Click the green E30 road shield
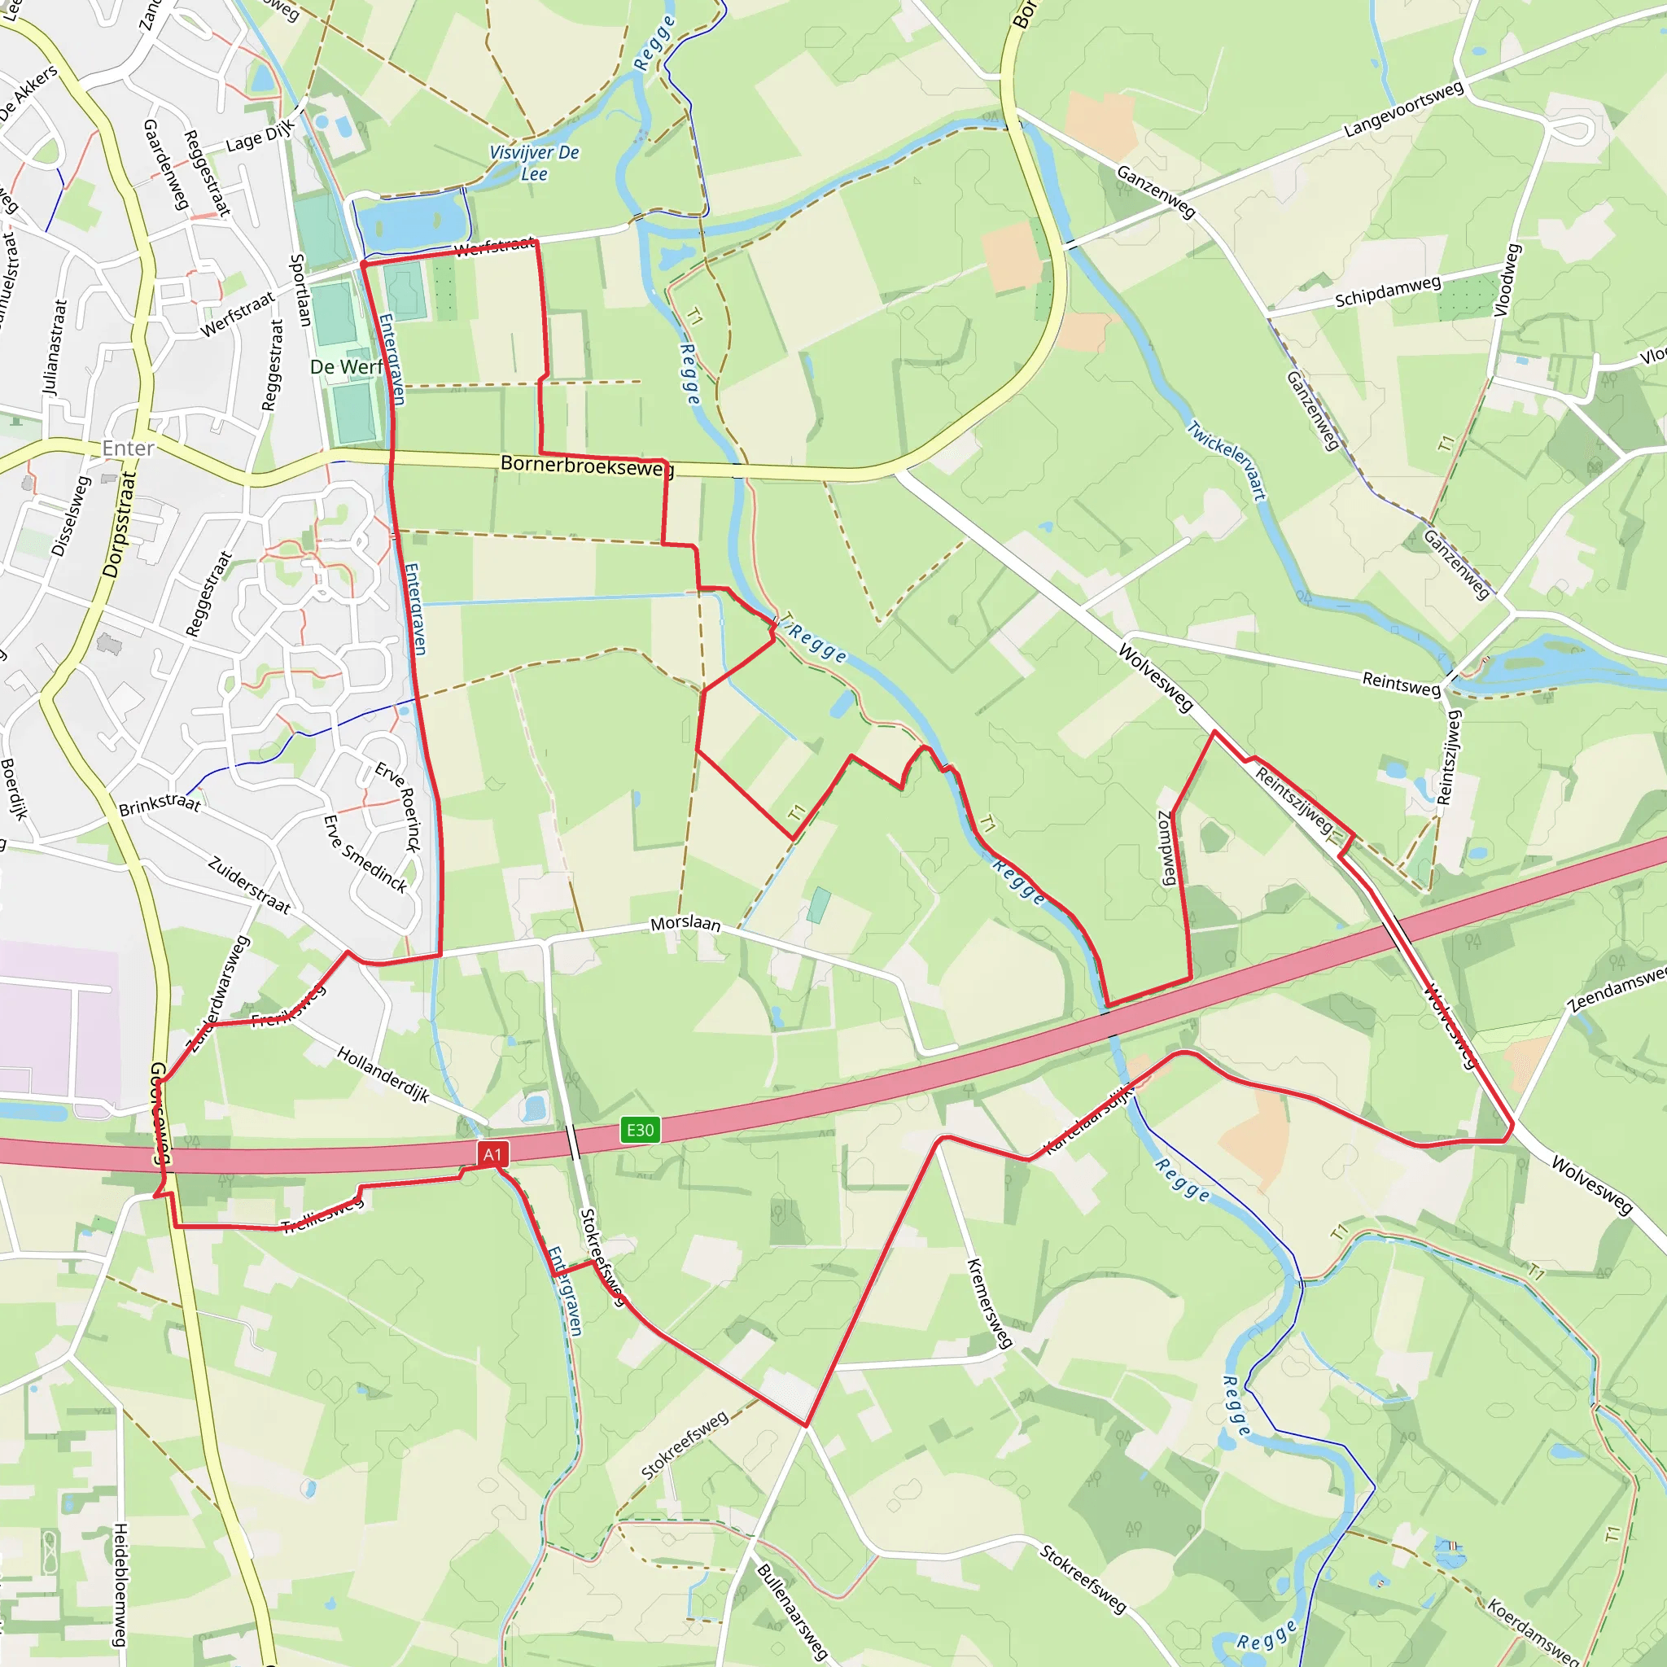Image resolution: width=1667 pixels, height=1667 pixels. tap(639, 1130)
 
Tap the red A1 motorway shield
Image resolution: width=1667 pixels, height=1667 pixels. tap(492, 1153)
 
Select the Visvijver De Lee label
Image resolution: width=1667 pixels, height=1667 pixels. tap(534, 162)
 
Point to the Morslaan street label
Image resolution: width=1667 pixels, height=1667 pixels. tap(685, 923)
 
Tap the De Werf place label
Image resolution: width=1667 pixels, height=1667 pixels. tap(346, 367)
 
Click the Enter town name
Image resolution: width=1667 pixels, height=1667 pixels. tap(128, 448)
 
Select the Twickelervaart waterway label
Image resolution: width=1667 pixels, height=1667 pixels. tap(1226, 460)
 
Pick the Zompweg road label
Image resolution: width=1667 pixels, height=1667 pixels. tap(1166, 847)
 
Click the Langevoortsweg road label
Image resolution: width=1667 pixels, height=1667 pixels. tap(1404, 110)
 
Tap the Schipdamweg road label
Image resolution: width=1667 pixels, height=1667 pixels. tap(1388, 291)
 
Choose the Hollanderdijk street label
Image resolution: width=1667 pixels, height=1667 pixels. tap(383, 1074)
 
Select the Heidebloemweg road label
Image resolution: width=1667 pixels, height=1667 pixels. tap(120, 1584)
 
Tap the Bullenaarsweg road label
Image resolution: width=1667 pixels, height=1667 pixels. tap(792, 1612)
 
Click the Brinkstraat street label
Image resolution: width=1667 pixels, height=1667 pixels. tap(160, 804)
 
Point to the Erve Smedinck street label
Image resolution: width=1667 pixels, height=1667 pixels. tap(364, 853)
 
